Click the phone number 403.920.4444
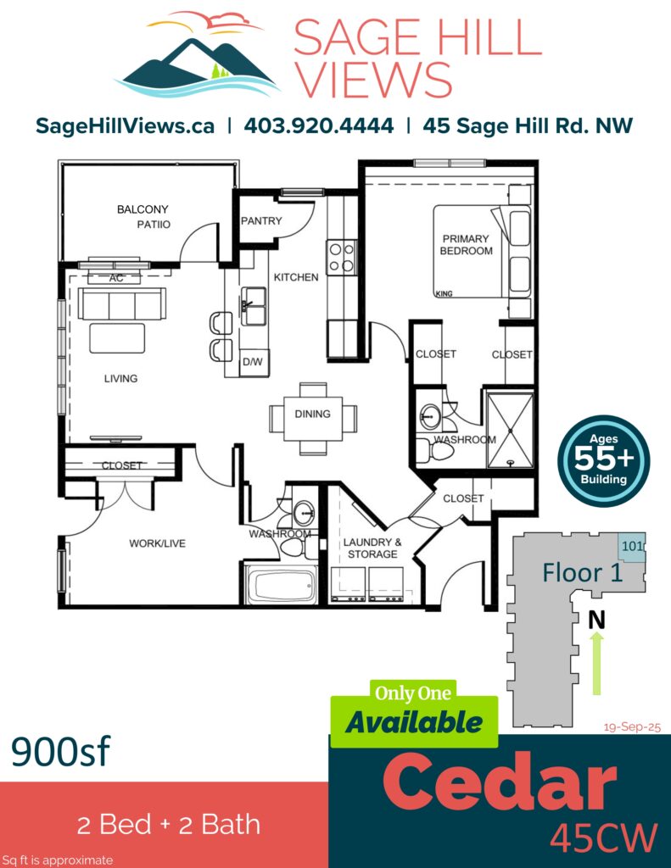pyautogui.click(x=319, y=125)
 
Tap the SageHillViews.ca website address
pyautogui.click(x=125, y=126)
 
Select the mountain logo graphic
pyautogui.click(x=198, y=53)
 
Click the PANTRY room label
pyautogui.click(x=261, y=221)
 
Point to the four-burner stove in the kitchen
pyautogui.click(x=341, y=258)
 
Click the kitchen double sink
pyautogui.click(x=254, y=306)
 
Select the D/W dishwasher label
pyautogui.click(x=253, y=362)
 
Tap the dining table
pyautogui.click(x=312, y=419)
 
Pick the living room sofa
pyautogui.click(x=122, y=304)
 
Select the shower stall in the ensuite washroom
pyautogui.click(x=510, y=430)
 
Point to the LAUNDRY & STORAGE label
pyautogui.click(x=372, y=548)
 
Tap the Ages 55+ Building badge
pyautogui.click(x=603, y=460)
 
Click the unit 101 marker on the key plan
pyautogui.click(x=632, y=547)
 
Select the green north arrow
pyautogui.click(x=596, y=663)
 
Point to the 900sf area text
pyautogui.click(x=61, y=751)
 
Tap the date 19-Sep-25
pyautogui.click(x=632, y=726)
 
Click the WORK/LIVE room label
pyautogui.click(x=158, y=543)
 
